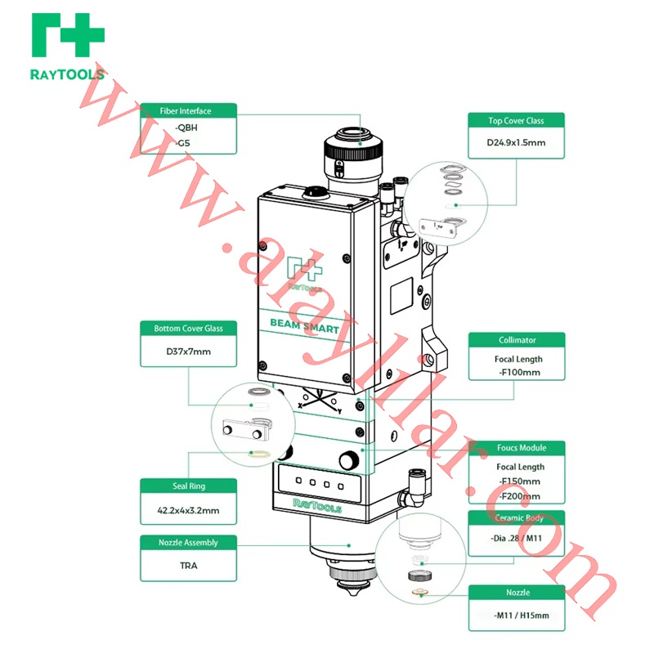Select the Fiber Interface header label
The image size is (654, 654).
pyautogui.click(x=188, y=111)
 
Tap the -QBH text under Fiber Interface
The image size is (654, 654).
pyautogui.click(x=186, y=128)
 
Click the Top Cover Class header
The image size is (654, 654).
pyautogui.click(x=516, y=121)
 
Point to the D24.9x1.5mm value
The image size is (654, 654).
pyautogui.click(x=516, y=142)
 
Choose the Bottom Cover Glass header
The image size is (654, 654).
pyautogui.click(x=188, y=329)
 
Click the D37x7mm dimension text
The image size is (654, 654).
pyautogui.click(x=188, y=352)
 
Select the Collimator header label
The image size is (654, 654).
pyautogui.click(x=517, y=340)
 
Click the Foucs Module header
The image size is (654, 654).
pyautogui.click(x=517, y=448)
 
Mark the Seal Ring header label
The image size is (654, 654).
pyautogui.click(x=188, y=486)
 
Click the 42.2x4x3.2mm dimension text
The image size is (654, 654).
pyautogui.click(x=188, y=511)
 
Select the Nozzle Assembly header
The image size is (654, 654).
pyautogui.click(x=188, y=542)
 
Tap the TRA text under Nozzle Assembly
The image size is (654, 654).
pyautogui.click(x=188, y=565)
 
